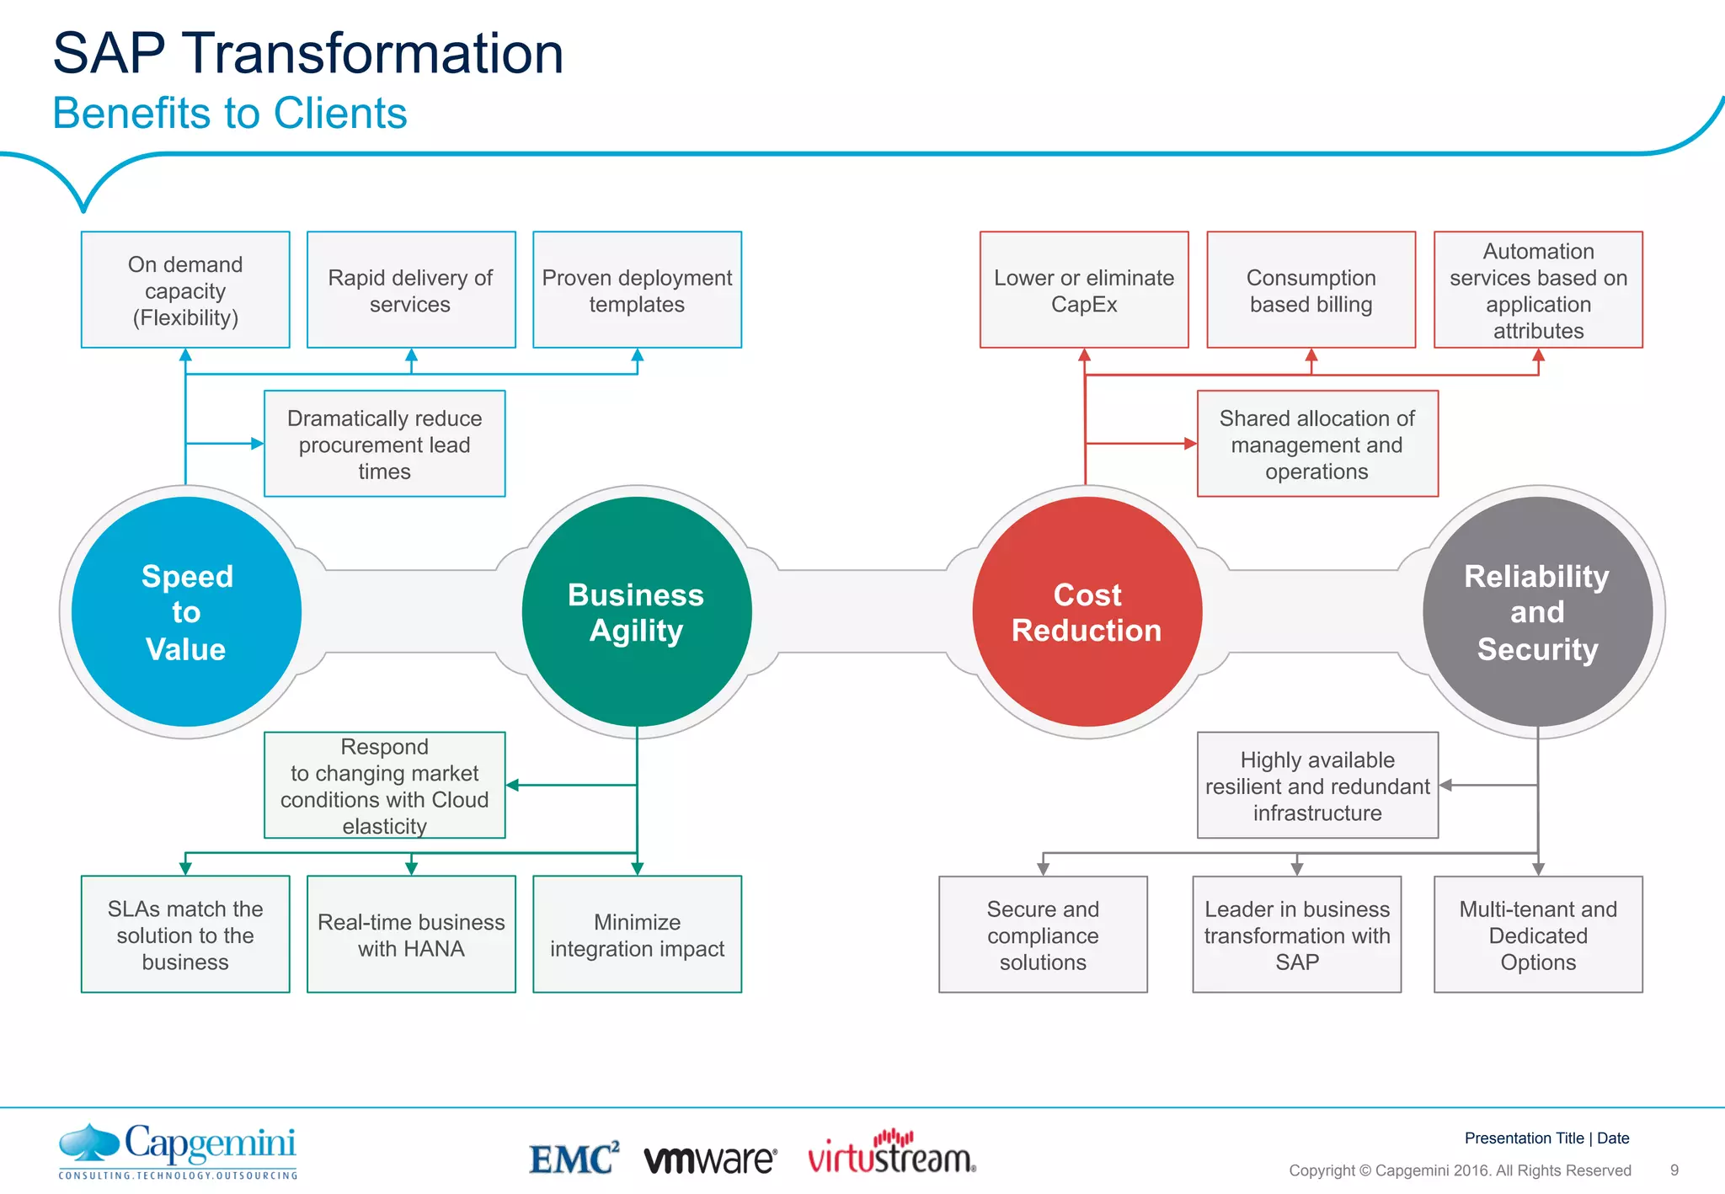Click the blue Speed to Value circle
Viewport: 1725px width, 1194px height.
point(186,612)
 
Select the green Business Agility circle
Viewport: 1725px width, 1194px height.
point(637,612)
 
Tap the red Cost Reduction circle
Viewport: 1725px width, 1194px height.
point(1087,612)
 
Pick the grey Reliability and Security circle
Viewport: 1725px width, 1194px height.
point(1537,612)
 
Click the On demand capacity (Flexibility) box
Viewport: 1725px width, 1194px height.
point(185,290)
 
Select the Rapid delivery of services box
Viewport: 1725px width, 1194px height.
point(411,290)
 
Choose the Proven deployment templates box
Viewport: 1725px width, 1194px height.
point(637,290)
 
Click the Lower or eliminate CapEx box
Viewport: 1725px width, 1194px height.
point(1084,290)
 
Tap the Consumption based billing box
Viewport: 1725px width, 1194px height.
point(1311,290)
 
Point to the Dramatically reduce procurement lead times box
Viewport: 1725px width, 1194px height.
point(384,444)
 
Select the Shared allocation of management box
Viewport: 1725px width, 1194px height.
point(1317,444)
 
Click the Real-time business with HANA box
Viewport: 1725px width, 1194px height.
point(411,935)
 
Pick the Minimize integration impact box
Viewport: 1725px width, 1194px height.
point(637,935)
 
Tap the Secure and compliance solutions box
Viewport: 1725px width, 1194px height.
point(1043,935)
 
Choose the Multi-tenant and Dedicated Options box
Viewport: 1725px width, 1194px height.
point(1538,935)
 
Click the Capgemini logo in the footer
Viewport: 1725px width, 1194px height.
point(178,1150)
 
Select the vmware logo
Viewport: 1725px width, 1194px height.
point(710,1159)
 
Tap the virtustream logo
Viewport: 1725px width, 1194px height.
point(891,1154)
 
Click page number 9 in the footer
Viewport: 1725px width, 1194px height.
point(1674,1170)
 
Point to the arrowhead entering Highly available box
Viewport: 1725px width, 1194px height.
point(1445,785)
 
